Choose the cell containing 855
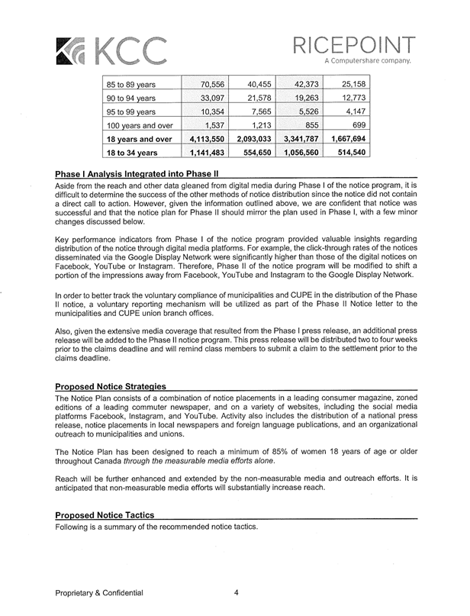point(307,125)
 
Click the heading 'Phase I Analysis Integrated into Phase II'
point(138,175)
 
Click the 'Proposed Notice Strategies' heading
point(111,389)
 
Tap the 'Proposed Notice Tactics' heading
point(106,515)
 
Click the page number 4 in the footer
point(237,592)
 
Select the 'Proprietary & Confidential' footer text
point(98,592)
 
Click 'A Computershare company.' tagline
point(368,59)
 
